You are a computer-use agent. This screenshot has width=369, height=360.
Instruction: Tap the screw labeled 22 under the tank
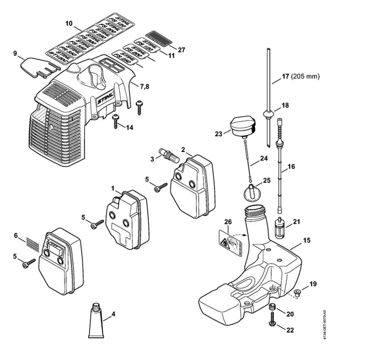[273, 326]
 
